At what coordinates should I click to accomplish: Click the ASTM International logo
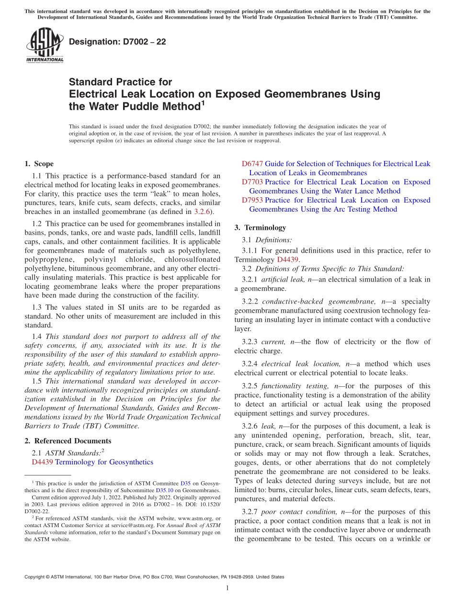(45, 45)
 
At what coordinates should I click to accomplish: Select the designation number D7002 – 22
(117, 42)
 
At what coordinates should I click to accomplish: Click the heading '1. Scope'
(39, 164)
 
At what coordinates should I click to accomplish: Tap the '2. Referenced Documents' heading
(68, 441)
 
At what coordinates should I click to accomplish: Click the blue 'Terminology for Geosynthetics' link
(104, 462)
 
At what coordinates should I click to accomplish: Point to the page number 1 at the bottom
(227, 588)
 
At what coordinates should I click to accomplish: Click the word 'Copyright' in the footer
(35, 577)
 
